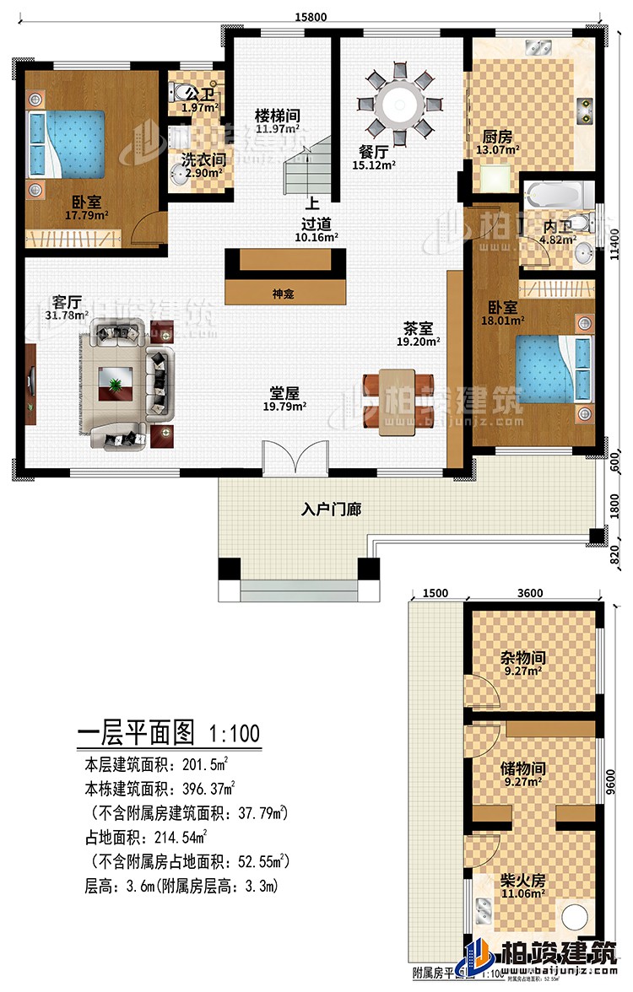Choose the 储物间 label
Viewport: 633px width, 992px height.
[519, 768]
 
